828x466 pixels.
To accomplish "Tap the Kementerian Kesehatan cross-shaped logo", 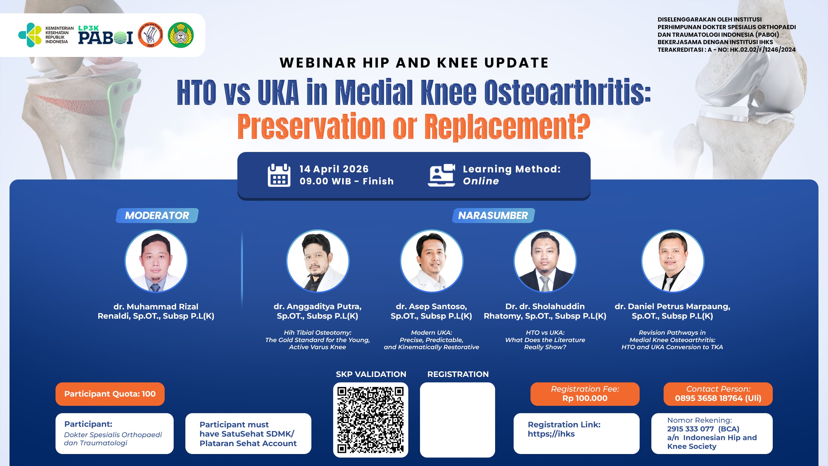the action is tap(30, 35).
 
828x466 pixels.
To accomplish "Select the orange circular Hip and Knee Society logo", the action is tap(151, 35).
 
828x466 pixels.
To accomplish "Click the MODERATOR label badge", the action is tap(157, 215).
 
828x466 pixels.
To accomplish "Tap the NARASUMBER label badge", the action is tap(493, 215).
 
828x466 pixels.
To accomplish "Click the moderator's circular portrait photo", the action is tap(156, 261).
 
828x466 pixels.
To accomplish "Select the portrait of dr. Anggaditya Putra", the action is tap(318, 261).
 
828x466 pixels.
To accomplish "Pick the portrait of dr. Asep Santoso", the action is tap(431, 261).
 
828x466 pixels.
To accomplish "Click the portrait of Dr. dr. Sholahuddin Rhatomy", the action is tap(545, 261).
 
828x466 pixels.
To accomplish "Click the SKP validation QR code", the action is tap(371, 420).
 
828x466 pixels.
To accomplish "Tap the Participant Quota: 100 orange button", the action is tap(110, 394).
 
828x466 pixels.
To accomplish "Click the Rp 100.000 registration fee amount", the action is tap(585, 398).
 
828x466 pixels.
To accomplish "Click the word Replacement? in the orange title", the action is tap(507, 127).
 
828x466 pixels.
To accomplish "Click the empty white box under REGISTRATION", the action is tap(457, 420).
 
